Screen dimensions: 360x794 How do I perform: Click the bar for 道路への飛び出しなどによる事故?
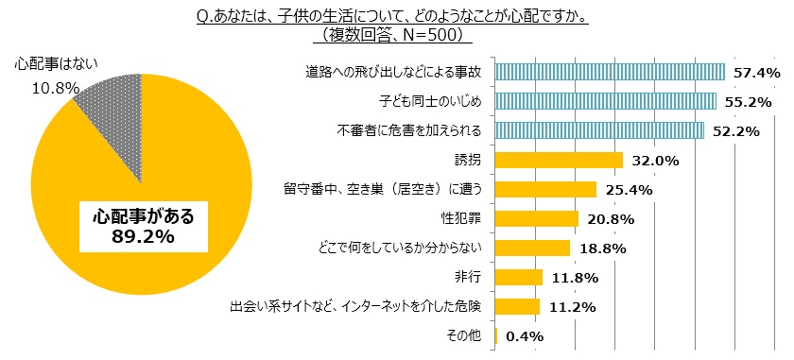610,72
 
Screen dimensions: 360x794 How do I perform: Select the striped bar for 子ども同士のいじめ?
605,101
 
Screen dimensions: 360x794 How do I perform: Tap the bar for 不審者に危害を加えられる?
599,130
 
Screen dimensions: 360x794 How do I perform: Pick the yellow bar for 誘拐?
559,160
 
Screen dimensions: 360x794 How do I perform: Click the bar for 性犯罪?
536,218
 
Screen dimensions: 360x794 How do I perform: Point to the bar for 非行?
518,277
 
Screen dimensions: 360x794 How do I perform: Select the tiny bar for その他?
496,334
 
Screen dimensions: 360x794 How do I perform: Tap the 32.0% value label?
654,161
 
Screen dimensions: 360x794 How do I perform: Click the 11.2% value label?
570,306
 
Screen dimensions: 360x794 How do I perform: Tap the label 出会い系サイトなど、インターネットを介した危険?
356,306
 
